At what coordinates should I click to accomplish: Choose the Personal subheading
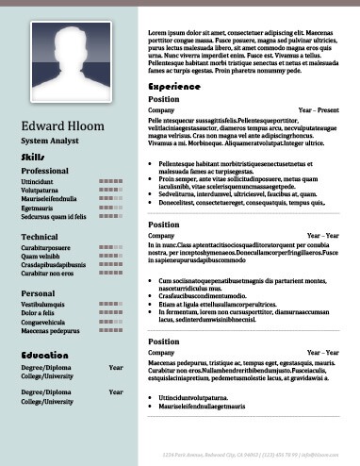(x=38, y=293)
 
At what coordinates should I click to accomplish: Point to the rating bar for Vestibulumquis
(x=111, y=306)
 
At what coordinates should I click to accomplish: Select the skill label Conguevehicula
(x=48, y=323)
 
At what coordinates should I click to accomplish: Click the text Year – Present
(x=319, y=110)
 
